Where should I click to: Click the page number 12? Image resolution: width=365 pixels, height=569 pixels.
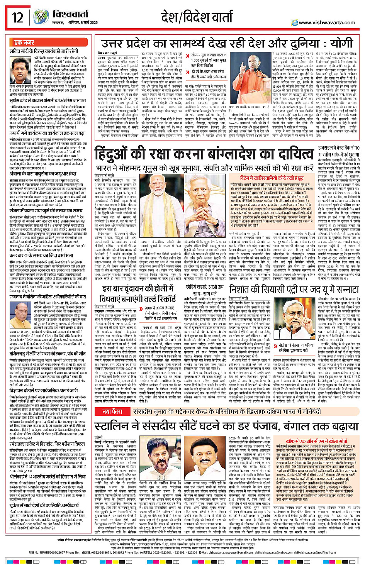click(x=17, y=17)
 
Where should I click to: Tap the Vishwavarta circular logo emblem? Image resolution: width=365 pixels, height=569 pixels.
click(x=41, y=17)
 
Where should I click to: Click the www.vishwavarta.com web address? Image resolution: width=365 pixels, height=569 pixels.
click(x=326, y=22)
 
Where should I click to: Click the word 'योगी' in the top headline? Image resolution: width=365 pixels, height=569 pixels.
click(x=340, y=43)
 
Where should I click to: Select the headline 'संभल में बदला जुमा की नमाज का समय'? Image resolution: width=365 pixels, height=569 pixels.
click(x=46, y=211)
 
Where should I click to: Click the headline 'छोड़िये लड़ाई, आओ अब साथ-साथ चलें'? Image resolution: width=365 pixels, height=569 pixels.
click(x=204, y=290)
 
